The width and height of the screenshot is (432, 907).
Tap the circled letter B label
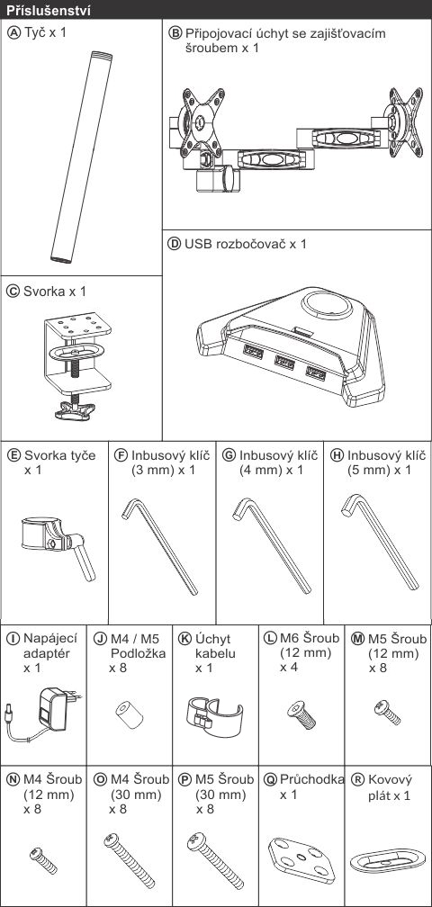coord(175,33)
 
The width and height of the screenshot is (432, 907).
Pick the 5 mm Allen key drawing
coord(380,542)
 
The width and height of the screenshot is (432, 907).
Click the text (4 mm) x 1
coord(271,470)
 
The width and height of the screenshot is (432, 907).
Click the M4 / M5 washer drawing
coord(129,716)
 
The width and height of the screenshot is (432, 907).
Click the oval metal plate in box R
coord(388,861)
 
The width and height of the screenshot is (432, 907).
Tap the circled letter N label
coord(13,779)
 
